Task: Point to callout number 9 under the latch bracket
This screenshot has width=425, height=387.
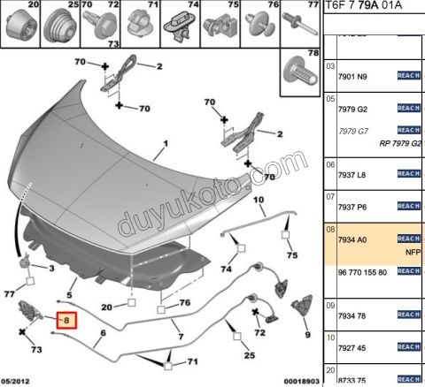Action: coord(307,336)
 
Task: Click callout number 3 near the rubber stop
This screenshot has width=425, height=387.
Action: coord(50,269)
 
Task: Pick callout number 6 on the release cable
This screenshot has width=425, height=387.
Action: coord(103,333)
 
